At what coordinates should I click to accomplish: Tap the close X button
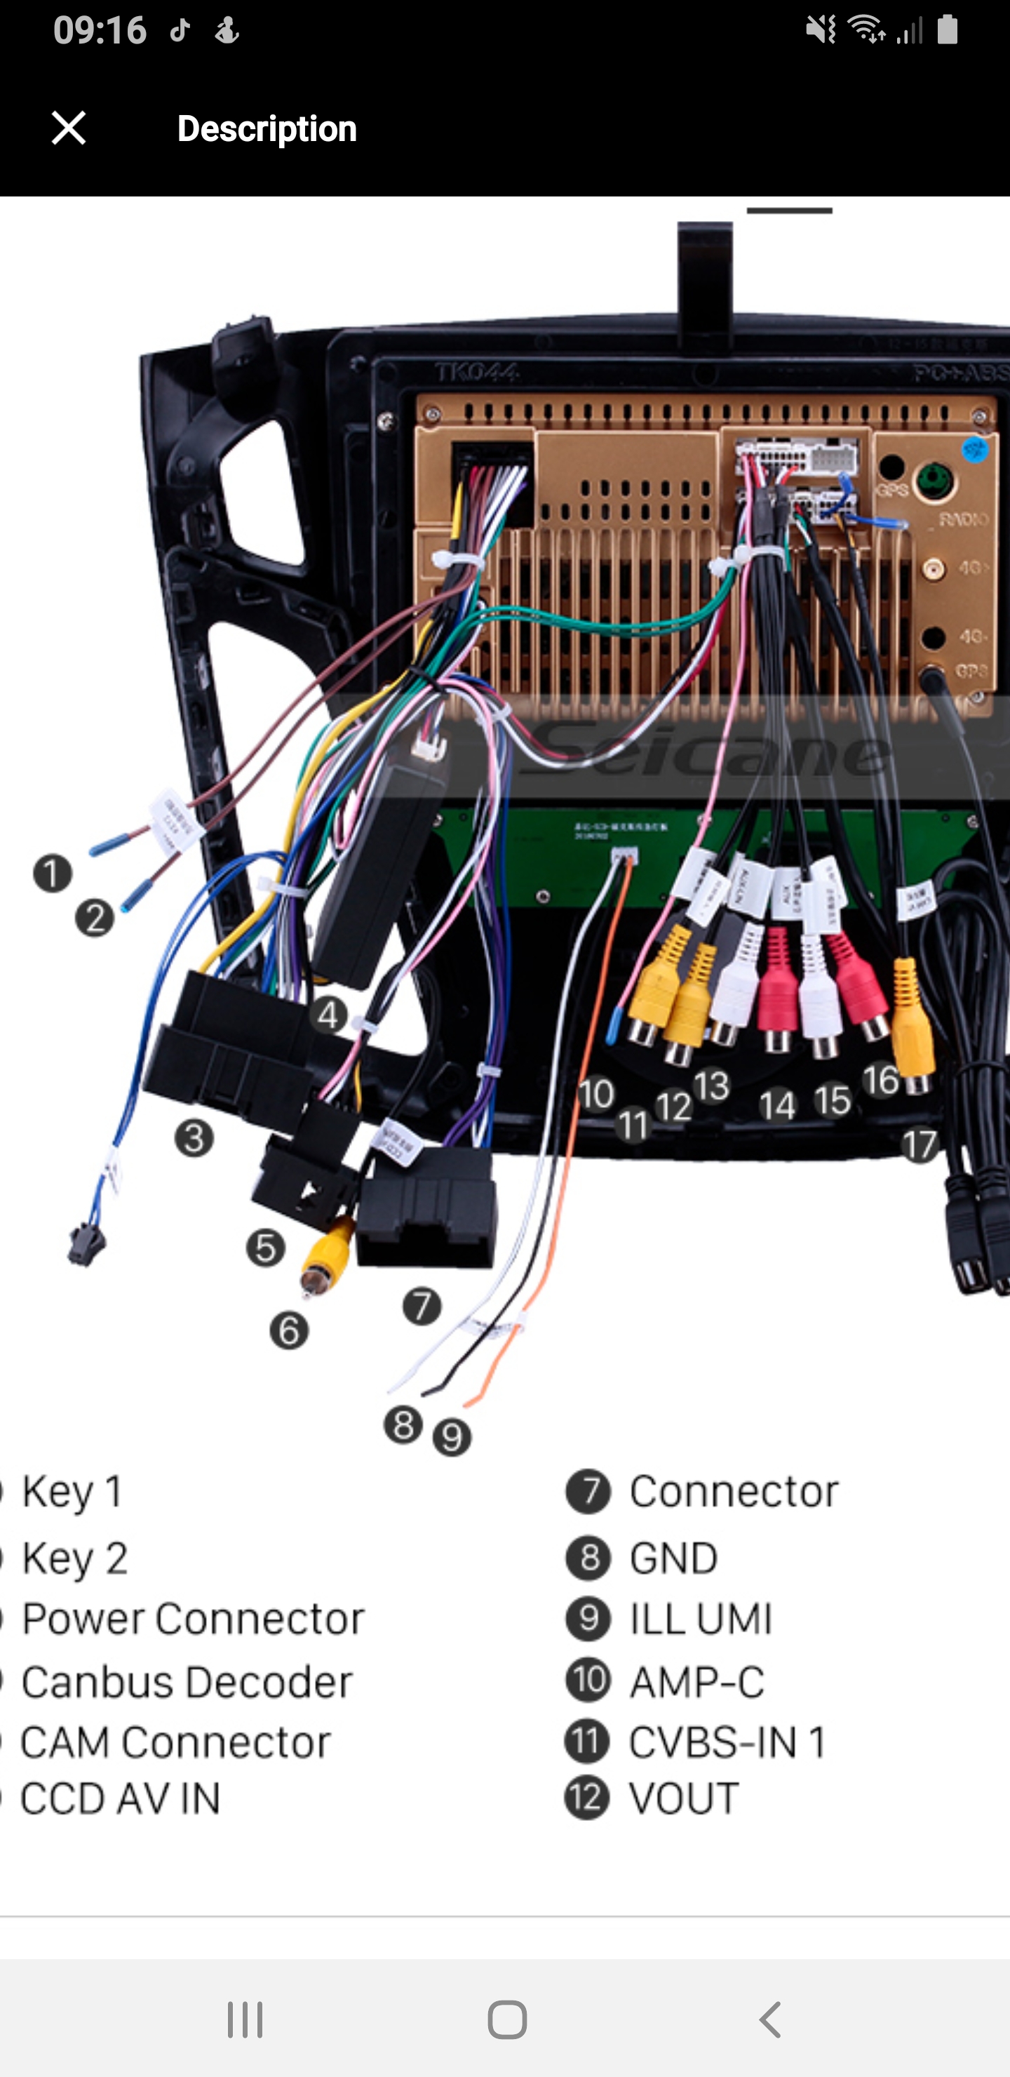(x=69, y=128)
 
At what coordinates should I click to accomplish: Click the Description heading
(x=267, y=129)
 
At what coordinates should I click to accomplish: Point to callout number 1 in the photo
(x=53, y=873)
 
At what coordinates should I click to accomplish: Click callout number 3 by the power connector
(x=194, y=1137)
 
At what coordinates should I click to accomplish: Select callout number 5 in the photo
(x=265, y=1248)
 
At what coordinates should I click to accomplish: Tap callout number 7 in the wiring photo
(x=422, y=1305)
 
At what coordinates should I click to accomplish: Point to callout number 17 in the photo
(x=919, y=1145)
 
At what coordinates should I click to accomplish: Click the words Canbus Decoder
(x=187, y=1682)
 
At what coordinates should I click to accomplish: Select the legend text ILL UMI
(x=701, y=1618)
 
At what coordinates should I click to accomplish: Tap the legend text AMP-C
(x=697, y=1682)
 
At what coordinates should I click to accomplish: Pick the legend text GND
(x=673, y=1558)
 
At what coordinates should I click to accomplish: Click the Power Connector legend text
(x=194, y=1618)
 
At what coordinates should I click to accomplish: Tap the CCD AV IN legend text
(x=121, y=1799)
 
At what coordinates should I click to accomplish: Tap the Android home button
(x=507, y=2019)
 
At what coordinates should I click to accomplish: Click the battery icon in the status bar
(x=948, y=31)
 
